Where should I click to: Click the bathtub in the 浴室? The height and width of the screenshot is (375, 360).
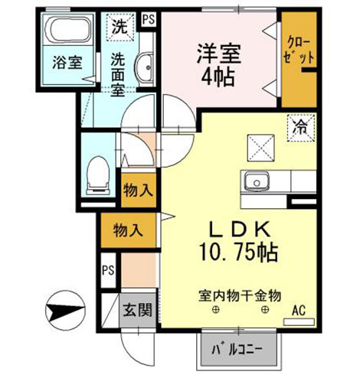[67, 30]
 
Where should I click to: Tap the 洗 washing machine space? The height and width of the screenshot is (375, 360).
[120, 27]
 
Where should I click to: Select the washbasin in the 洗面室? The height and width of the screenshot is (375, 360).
[144, 67]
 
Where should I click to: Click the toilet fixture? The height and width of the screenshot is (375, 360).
[98, 176]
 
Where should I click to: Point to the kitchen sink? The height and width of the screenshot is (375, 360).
[257, 181]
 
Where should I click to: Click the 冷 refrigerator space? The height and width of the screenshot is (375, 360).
[301, 128]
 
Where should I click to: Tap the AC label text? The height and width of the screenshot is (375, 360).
[299, 311]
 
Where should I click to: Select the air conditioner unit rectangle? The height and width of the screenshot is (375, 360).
[299, 322]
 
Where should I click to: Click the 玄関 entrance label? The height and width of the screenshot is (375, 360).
[138, 310]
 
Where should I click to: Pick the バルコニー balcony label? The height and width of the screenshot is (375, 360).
[237, 350]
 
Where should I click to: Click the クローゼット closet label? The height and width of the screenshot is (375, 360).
[299, 51]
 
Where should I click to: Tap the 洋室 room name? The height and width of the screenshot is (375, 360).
[218, 53]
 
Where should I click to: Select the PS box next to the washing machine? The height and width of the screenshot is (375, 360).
[149, 20]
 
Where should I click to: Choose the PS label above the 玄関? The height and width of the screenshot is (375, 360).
[108, 270]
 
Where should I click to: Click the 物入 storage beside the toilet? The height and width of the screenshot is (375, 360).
[138, 191]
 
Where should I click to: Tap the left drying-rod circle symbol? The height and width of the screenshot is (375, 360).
[216, 310]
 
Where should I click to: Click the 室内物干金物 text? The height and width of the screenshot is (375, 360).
[240, 296]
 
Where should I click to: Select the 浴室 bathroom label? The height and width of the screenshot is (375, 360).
[67, 62]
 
